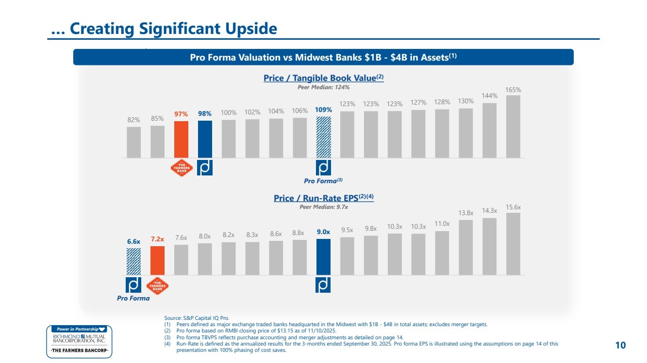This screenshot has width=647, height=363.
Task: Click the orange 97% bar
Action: coord(181,140)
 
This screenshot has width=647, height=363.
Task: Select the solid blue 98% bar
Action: coord(205,139)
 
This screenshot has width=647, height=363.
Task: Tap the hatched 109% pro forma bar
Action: coord(323,137)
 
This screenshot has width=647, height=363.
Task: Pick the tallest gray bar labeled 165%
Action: coord(513,126)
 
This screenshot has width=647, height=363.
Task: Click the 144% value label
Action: coord(490,95)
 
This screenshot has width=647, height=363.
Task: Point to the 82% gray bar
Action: coord(134,142)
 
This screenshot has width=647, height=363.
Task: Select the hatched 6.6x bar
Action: coord(134,262)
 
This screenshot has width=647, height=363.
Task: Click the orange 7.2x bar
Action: coord(157,261)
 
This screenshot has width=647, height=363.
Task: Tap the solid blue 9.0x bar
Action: coord(323,257)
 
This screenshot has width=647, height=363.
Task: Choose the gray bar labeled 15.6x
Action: coord(513,244)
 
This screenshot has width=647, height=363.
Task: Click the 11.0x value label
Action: coord(442,223)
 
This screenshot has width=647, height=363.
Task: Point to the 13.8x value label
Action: coord(466,213)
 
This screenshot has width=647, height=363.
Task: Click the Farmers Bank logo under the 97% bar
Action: coord(182,168)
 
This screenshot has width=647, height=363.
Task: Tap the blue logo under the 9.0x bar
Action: coord(323,285)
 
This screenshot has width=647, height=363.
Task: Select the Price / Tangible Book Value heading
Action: coord(323,78)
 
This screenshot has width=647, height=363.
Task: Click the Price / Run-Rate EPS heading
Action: coord(324,198)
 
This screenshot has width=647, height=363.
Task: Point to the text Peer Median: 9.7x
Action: coord(324,207)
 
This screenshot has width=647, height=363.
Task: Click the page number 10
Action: coord(620,345)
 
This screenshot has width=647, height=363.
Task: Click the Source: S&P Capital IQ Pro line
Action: coord(197,318)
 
